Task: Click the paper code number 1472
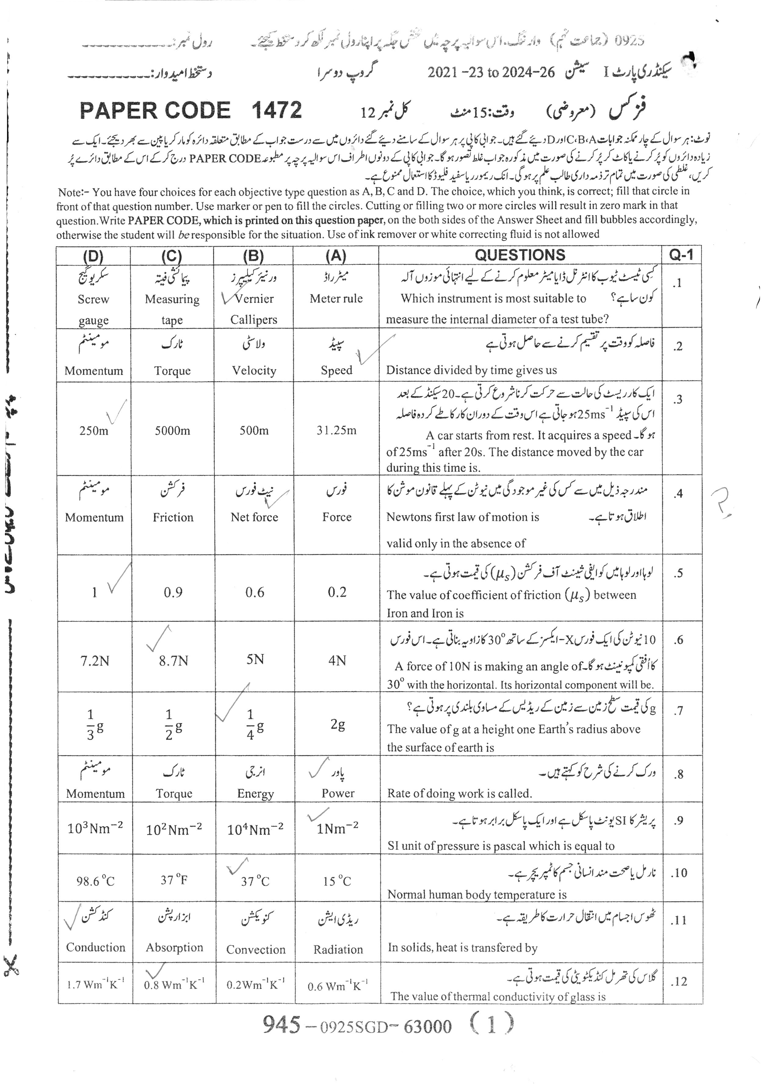click(277, 110)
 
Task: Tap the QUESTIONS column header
click(520, 255)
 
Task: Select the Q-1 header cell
click(681, 255)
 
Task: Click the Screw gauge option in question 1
click(93, 309)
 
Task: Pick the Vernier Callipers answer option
click(254, 309)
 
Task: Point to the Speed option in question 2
click(336, 370)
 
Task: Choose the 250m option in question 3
click(93, 430)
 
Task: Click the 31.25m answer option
click(336, 430)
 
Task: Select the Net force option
click(254, 517)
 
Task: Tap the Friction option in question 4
click(173, 517)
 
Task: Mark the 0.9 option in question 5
click(173, 592)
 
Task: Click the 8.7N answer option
click(173, 660)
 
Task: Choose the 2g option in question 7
click(337, 724)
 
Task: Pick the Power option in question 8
click(338, 793)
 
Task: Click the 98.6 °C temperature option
click(95, 881)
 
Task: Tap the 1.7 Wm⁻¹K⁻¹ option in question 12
click(95, 984)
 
